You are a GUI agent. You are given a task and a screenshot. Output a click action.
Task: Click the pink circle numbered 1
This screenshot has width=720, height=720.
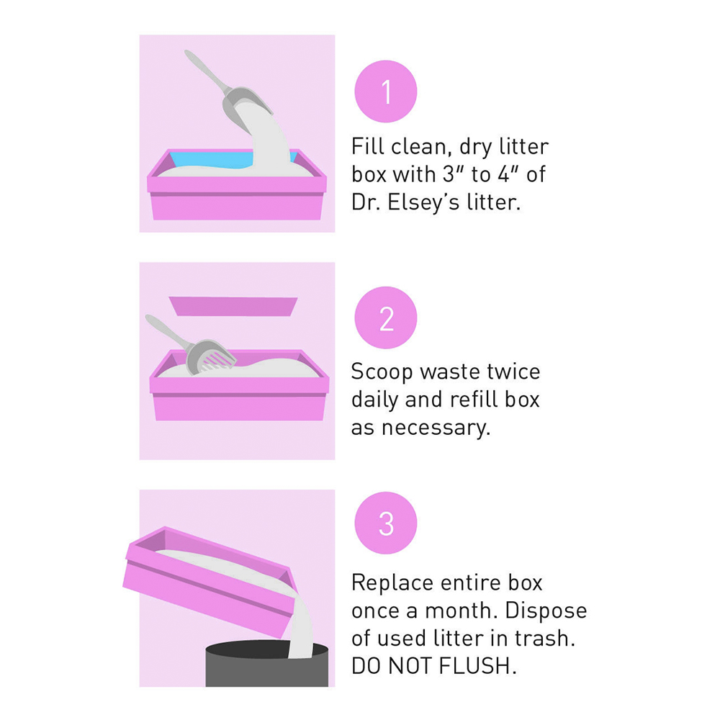[x=386, y=91]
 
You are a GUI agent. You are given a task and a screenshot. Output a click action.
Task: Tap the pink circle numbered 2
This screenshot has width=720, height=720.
[x=386, y=318]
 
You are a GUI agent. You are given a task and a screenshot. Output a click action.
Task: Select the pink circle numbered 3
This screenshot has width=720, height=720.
[x=386, y=523]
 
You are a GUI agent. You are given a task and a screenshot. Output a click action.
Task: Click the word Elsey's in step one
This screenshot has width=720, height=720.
[x=423, y=202]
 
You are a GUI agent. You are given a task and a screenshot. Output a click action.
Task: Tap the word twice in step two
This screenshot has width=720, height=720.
[x=513, y=371]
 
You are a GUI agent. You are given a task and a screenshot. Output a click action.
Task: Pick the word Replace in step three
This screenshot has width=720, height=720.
[x=392, y=584]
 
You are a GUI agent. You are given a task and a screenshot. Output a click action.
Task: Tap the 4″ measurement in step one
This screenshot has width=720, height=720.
[x=509, y=174]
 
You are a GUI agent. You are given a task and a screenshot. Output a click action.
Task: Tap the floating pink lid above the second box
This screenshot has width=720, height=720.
[x=233, y=306]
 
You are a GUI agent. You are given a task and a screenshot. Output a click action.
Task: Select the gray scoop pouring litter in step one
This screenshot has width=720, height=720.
[x=228, y=87]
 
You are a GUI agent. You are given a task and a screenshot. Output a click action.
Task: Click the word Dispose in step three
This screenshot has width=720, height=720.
[x=546, y=611]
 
